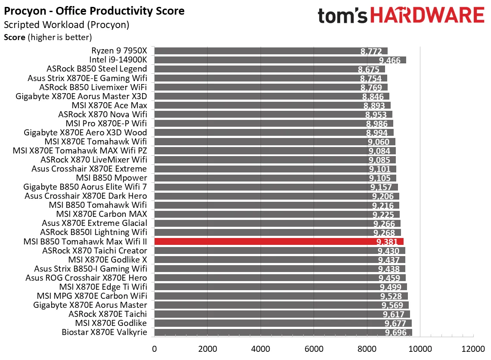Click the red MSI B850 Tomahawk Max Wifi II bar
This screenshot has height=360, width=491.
click(279, 241)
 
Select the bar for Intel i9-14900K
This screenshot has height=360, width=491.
click(280, 60)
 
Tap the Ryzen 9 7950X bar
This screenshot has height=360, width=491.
click(270, 51)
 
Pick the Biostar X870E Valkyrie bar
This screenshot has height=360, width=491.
click(283, 332)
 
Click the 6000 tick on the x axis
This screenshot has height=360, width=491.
click(314, 348)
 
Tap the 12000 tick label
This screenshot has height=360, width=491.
click(473, 348)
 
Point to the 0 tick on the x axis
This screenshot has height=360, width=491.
click(154, 348)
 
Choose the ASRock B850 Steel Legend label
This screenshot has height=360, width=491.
click(96, 69)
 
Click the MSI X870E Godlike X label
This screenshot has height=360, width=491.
click(108, 260)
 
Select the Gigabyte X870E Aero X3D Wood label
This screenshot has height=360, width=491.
click(85, 132)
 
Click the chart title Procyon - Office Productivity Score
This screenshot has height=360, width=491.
click(94, 11)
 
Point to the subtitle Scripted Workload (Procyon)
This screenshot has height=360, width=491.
click(66, 25)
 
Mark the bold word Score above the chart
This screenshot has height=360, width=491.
click(15, 38)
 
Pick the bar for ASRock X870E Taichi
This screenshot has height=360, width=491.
click(282, 314)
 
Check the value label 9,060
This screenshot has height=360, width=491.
click(379, 142)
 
